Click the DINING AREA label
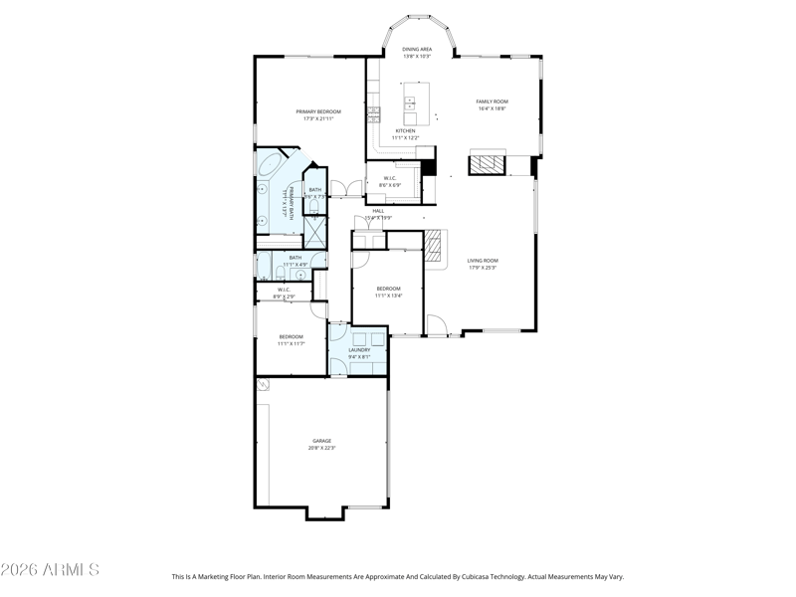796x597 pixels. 416,48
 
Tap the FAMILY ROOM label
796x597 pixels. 493,101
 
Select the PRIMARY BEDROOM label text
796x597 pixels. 318,111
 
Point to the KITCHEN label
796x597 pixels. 406,130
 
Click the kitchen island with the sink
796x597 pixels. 415,103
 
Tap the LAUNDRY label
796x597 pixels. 359,349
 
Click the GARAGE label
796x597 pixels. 321,441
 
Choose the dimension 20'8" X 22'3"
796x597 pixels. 321,449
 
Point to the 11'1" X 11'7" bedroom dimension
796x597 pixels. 291,344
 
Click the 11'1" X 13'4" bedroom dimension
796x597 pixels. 388,295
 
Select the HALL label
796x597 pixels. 378,211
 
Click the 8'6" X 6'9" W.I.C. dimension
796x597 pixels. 389,185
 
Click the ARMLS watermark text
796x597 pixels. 50,570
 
